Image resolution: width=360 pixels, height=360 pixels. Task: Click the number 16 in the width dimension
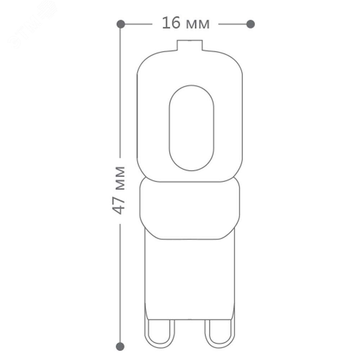(171, 23)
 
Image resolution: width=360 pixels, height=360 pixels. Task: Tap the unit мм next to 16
(198, 24)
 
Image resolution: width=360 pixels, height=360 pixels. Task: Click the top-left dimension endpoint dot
(121, 24)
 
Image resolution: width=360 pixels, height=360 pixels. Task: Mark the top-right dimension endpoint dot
(251, 24)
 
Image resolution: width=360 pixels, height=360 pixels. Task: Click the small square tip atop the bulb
(190, 45)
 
